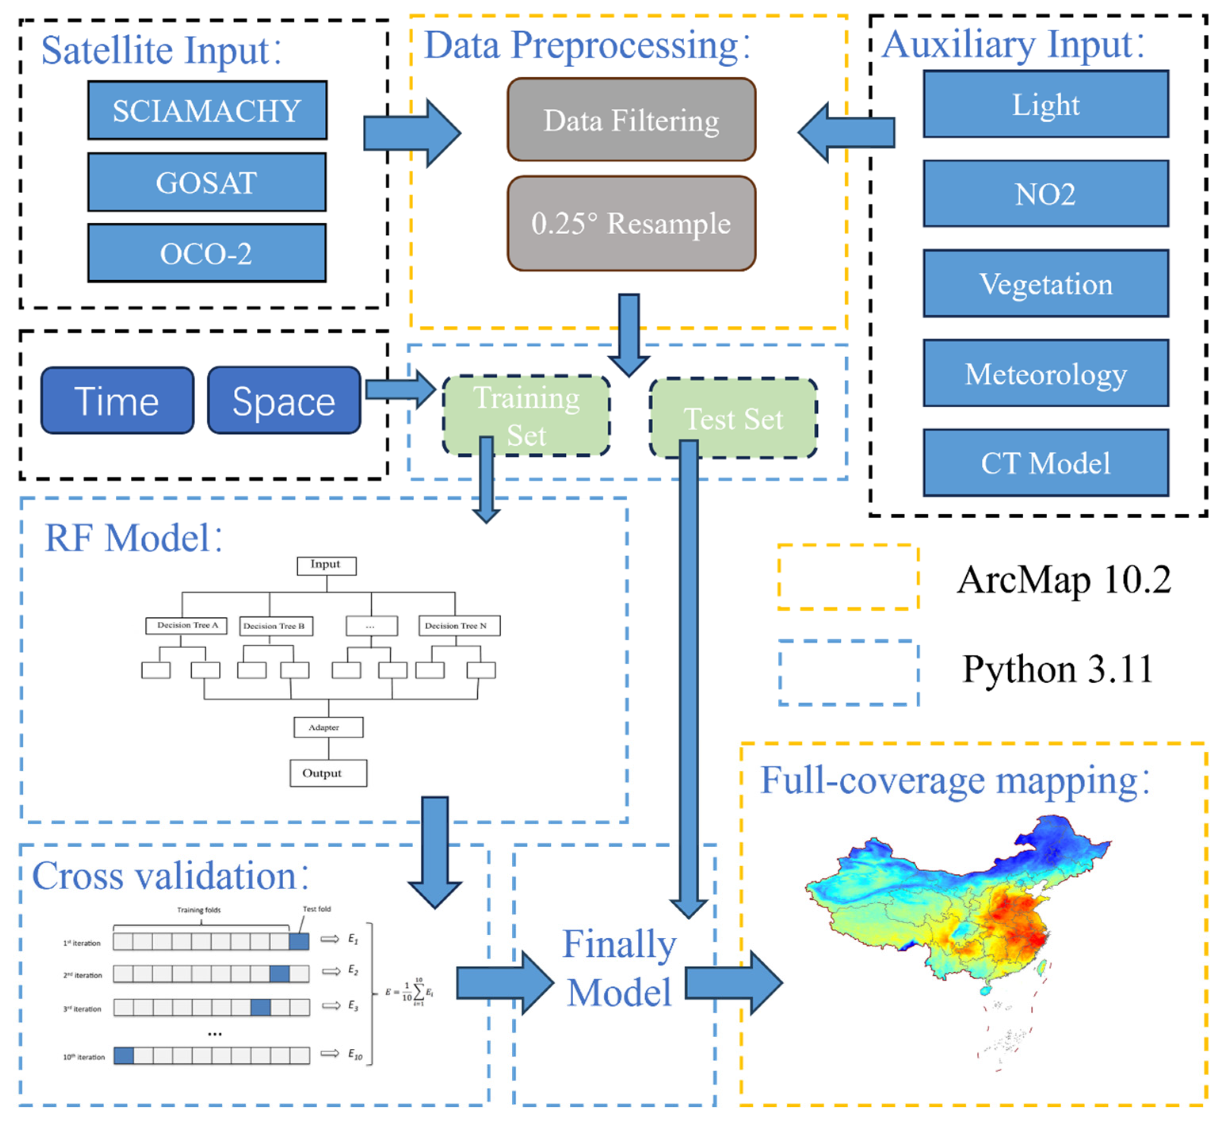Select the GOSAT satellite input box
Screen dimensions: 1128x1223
[x=207, y=182]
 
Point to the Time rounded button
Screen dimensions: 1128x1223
[x=117, y=400]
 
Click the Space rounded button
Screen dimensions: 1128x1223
[x=284, y=400]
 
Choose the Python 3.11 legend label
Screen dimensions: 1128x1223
[x=1057, y=668]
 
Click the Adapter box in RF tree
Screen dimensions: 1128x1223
[x=328, y=727]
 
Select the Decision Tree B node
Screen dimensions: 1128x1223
[x=276, y=626]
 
